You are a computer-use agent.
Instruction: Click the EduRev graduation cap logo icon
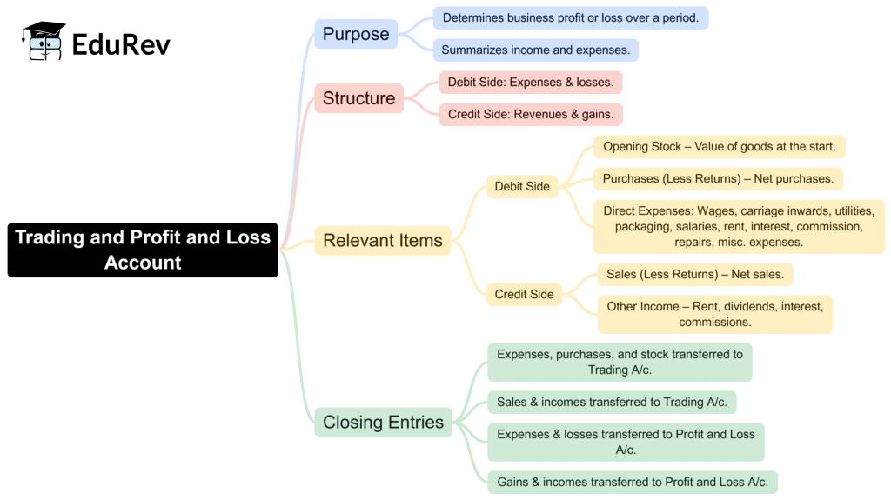tap(44, 42)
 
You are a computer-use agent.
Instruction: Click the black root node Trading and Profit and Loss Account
tap(143, 250)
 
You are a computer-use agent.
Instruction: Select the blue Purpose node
tap(356, 34)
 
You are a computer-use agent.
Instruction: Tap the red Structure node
tap(358, 98)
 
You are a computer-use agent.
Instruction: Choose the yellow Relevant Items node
tap(382, 240)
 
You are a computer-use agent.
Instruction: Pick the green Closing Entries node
tap(383, 422)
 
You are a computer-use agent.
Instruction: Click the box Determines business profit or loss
tap(570, 17)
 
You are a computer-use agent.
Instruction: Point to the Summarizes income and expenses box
tap(535, 50)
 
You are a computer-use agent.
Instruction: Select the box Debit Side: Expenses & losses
tap(530, 83)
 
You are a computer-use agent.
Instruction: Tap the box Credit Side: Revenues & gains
tap(530, 114)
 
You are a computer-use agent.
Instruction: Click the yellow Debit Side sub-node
tap(522, 186)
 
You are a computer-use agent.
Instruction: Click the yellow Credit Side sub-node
tap(524, 294)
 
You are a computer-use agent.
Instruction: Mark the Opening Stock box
tap(719, 146)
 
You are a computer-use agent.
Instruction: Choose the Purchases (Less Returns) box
tap(718, 179)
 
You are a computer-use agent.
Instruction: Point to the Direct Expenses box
tap(739, 226)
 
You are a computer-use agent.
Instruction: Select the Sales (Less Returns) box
tap(694, 275)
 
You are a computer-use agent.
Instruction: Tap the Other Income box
tap(714, 314)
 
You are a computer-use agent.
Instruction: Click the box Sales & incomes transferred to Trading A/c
tap(612, 402)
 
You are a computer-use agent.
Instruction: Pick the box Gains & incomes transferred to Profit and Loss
tap(632, 482)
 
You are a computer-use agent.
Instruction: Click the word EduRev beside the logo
tap(121, 43)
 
